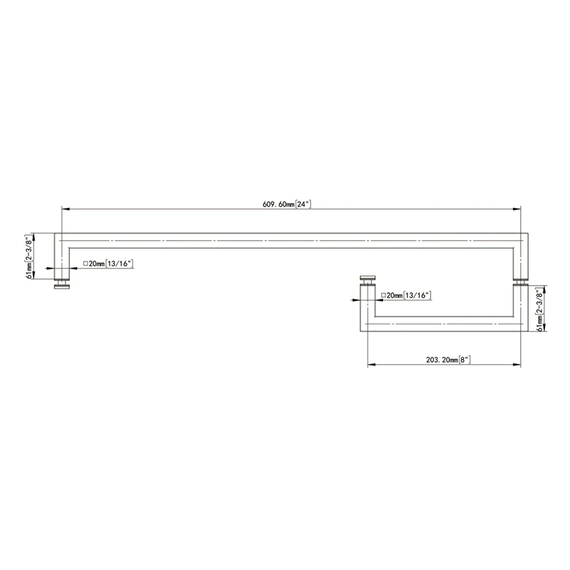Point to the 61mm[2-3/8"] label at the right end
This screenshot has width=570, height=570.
pyautogui.click(x=540, y=310)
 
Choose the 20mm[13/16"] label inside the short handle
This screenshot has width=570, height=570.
pyautogui.click(x=406, y=295)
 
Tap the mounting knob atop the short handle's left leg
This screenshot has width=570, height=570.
pyautogui.click(x=367, y=279)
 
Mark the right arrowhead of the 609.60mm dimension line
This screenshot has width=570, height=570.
pyautogui.click(x=518, y=209)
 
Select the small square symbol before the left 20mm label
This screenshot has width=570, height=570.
pyautogui.click(x=85, y=264)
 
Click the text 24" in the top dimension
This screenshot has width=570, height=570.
pyautogui.click(x=303, y=204)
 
